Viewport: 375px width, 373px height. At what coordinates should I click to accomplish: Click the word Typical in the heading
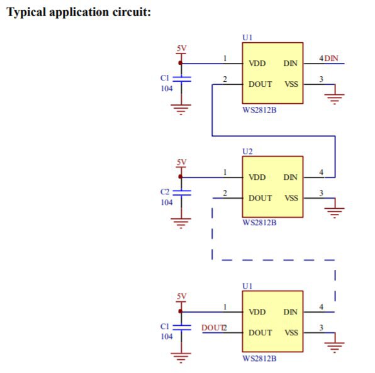click(x=26, y=12)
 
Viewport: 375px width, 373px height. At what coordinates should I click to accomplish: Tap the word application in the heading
click(x=79, y=12)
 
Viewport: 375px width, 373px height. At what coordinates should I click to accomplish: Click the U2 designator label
click(x=247, y=152)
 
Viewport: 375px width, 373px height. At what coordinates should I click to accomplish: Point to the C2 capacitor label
click(x=165, y=192)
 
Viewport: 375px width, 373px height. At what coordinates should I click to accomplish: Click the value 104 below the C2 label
click(x=167, y=203)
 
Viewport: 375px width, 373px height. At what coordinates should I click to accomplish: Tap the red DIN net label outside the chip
click(x=331, y=58)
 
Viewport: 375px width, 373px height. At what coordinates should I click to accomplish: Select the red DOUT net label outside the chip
click(x=212, y=328)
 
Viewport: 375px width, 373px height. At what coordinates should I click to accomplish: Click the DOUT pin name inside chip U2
click(x=260, y=198)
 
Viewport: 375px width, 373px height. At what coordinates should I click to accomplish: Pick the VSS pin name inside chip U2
click(x=291, y=198)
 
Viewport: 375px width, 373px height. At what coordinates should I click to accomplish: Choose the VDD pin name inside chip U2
click(x=257, y=177)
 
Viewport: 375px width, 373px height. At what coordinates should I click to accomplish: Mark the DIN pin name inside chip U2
click(x=290, y=177)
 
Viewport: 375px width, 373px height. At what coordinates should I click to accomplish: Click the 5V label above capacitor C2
click(x=181, y=162)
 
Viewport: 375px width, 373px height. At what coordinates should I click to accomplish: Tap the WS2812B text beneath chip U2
click(x=259, y=223)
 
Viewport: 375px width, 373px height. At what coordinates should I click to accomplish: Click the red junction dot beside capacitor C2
click(x=181, y=177)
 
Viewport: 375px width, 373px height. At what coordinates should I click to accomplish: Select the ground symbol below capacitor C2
click(x=181, y=223)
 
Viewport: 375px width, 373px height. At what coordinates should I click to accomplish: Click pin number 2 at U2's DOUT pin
click(x=225, y=193)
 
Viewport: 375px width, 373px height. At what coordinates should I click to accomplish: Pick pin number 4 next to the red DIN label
click(x=321, y=58)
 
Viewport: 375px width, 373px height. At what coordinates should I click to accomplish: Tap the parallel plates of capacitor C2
click(x=182, y=193)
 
